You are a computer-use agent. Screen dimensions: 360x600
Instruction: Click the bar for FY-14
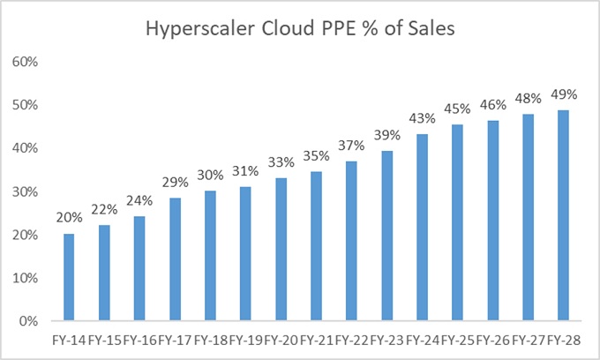pos(68,277)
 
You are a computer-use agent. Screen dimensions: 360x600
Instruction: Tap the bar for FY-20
pos(281,250)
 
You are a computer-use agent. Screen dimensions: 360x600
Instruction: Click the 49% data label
pos(565,95)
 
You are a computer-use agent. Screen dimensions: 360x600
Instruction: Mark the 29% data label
pos(175,184)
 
